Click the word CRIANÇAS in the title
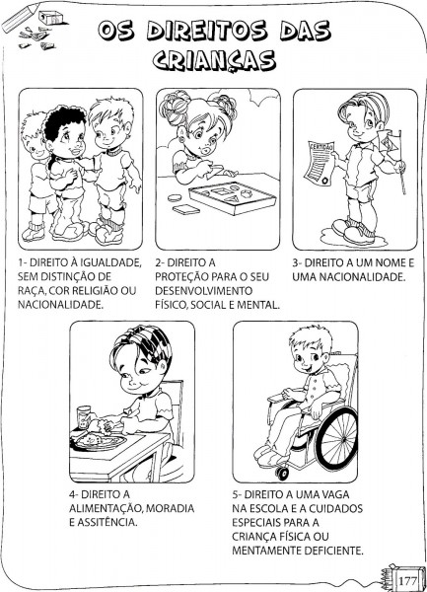tap(214, 60)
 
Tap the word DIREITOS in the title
tap(207, 30)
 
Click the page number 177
tap(407, 580)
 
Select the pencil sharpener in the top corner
tap(50, 17)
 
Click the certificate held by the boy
tap(320, 163)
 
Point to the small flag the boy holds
tap(391, 141)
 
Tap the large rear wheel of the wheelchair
tap(336, 439)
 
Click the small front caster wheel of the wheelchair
tap(281, 473)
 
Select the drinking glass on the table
tap(84, 417)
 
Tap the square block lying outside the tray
tap(186, 209)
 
